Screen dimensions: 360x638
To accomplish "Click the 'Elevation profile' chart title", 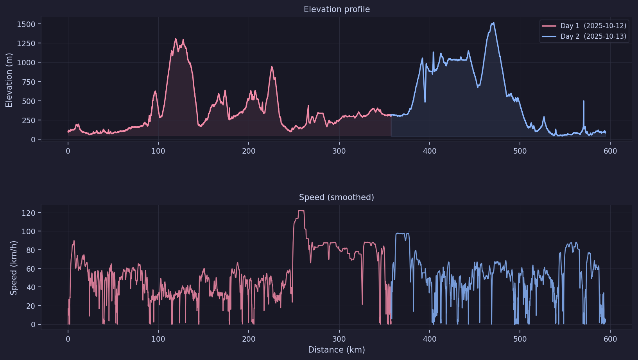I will click(337, 9).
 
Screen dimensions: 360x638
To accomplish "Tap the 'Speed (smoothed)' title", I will click(336, 197).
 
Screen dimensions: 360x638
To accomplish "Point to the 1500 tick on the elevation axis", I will click(26, 24).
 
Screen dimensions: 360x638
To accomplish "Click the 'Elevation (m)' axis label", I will click(9, 80).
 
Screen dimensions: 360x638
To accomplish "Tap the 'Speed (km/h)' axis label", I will click(14, 268).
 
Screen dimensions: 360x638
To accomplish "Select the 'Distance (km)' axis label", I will click(336, 350).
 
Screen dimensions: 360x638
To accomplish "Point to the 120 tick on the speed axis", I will click(29, 213).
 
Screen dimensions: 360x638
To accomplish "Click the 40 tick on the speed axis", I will click(30, 287).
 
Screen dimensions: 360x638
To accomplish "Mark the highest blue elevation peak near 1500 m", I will click(494, 23).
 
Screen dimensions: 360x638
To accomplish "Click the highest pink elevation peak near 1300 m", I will click(176, 39).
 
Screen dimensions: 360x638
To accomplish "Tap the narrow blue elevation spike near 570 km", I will click(584, 101).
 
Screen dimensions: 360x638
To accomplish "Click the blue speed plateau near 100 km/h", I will click(402, 234).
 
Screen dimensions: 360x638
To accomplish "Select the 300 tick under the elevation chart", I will click(339, 151).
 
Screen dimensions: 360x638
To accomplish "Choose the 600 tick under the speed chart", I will click(610, 339).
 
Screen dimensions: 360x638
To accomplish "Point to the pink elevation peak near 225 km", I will click(272, 67).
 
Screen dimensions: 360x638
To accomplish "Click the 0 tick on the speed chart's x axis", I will click(68, 339).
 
